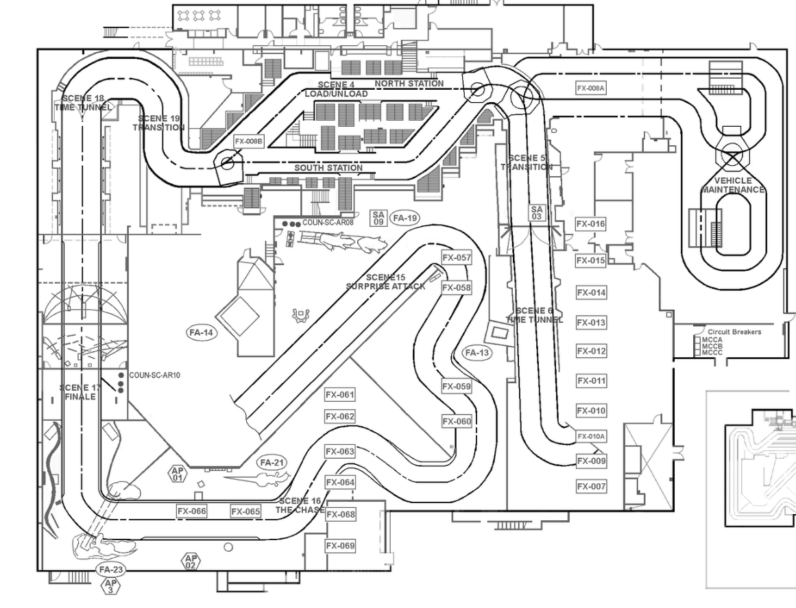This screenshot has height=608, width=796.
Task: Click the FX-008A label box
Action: click(x=591, y=88)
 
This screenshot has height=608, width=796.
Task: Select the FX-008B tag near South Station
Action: click(x=248, y=141)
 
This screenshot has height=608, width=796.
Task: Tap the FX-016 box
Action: click(x=590, y=224)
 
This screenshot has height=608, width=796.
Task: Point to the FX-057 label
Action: click(x=457, y=258)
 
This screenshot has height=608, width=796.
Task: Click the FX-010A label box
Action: click(x=591, y=436)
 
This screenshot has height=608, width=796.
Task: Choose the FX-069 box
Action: click(x=340, y=546)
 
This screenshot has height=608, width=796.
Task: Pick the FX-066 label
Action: click(x=191, y=511)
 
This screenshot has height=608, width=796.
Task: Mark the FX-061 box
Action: click(x=340, y=395)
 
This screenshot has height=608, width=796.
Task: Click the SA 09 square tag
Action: click(x=378, y=218)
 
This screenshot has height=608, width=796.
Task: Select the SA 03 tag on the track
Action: click(x=536, y=212)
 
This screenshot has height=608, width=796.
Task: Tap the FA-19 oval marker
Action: click(x=405, y=219)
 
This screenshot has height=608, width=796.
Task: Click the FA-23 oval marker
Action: click(x=110, y=570)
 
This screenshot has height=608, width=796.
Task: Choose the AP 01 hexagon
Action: click(x=178, y=474)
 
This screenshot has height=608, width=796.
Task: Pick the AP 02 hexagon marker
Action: click(x=190, y=562)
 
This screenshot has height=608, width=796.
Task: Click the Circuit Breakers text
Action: click(x=734, y=332)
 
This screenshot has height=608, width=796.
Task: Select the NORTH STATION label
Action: click(x=409, y=84)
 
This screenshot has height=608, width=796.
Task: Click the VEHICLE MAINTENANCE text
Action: click(x=733, y=185)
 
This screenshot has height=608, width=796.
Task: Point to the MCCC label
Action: click(x=712, y=352)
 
